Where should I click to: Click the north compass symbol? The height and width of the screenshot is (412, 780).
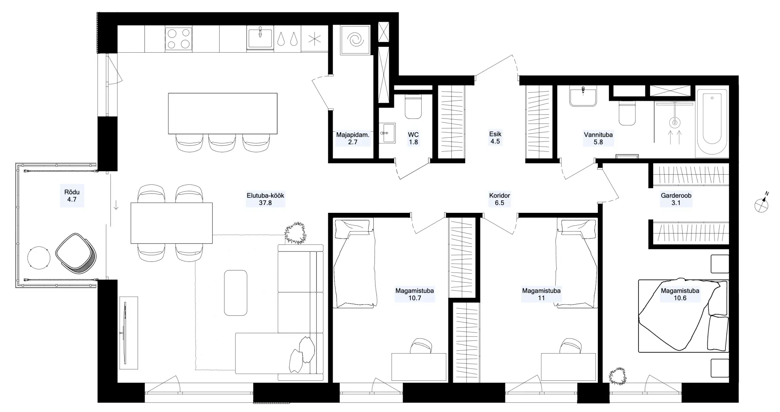tap(762, 204)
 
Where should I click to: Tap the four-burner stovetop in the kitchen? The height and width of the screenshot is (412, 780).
tap(179, 38)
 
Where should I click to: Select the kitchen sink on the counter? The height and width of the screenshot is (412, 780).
tap(260, 38)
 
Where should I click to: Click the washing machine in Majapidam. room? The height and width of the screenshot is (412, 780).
tap(355, 40)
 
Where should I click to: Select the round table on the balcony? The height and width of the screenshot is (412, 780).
tap(39, 258)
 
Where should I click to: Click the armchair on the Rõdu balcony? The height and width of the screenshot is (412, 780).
tap(76, 254)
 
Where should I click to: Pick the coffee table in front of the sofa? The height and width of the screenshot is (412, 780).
tap(236, 293)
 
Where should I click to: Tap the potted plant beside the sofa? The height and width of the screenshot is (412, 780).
tap(295, 233)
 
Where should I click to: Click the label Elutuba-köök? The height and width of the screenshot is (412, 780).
tap(265, 196)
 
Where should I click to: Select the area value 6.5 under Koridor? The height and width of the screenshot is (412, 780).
tap(500, 203)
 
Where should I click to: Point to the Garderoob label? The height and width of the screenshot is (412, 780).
tap(676, 196)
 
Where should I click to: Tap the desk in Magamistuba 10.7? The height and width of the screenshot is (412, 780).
tap(419, 367)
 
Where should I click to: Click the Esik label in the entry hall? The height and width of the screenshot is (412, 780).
tap(495, 134)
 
